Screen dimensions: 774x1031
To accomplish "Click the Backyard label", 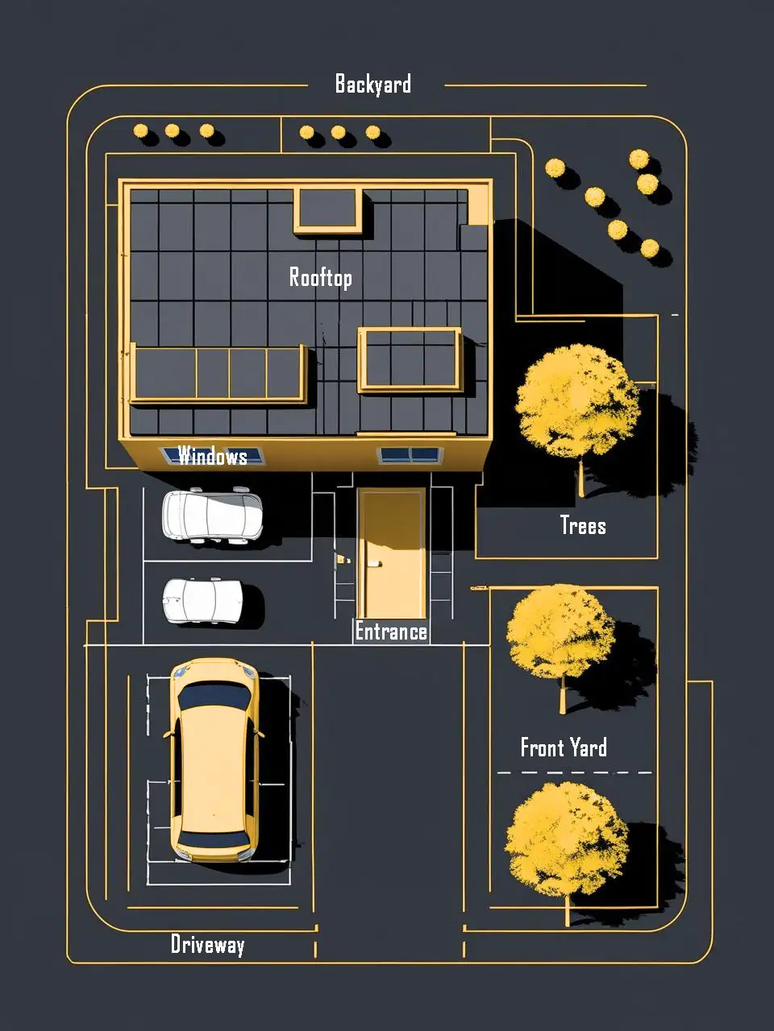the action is tap(373, 85).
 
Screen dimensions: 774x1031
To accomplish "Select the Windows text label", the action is tap(212, 456).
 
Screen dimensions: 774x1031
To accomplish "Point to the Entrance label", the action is tap(391, 631).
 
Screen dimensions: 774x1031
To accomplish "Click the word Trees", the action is tap(583, 524).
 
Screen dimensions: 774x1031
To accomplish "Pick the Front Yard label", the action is tap(564, 747).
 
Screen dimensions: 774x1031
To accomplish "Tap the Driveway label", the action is tap(208, 944).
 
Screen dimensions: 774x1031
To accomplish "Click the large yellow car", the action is tap(214, 760).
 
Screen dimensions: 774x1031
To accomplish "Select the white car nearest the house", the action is tap(212, 515).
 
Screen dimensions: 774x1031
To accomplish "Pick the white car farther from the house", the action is tap(203, 601).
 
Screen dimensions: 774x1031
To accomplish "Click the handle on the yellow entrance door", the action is tap(373, 564).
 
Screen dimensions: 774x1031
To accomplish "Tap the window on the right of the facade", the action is tap(410, 454).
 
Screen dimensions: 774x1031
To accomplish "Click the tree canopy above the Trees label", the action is tap(578, 402).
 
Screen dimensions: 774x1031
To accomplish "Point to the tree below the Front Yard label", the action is tap(566, 841).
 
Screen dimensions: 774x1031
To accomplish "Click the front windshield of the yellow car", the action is tap(214, 695).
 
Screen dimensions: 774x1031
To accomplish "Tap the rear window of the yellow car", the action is tap(214, 838).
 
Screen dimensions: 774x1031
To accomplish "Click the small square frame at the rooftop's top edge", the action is tap(328, 210).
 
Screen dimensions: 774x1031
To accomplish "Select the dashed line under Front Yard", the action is tap(574, 772).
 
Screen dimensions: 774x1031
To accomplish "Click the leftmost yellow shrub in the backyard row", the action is tap(140, 130).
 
